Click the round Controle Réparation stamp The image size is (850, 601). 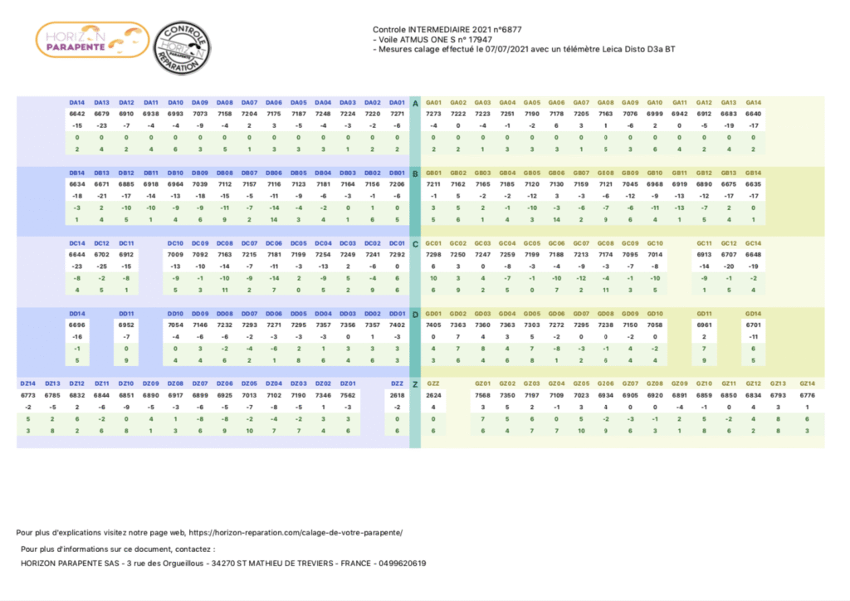[x=184, y=46]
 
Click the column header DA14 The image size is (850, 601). [x=77, y=103]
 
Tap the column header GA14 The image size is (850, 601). [x=753, y=103]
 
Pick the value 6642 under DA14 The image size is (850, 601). [x=77, y=114]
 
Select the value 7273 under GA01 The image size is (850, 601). [x=433, y=114]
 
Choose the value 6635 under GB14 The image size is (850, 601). [x=753, y=183]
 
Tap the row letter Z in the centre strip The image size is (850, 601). [x=415, y=384]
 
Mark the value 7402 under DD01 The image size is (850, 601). [x=397, y=326]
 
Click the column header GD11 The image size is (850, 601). [x=704, y=315]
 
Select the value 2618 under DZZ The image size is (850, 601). [x=397, y=396]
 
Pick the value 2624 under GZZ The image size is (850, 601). [x=433, y=396]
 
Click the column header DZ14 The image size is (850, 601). [x=28, y=384]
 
